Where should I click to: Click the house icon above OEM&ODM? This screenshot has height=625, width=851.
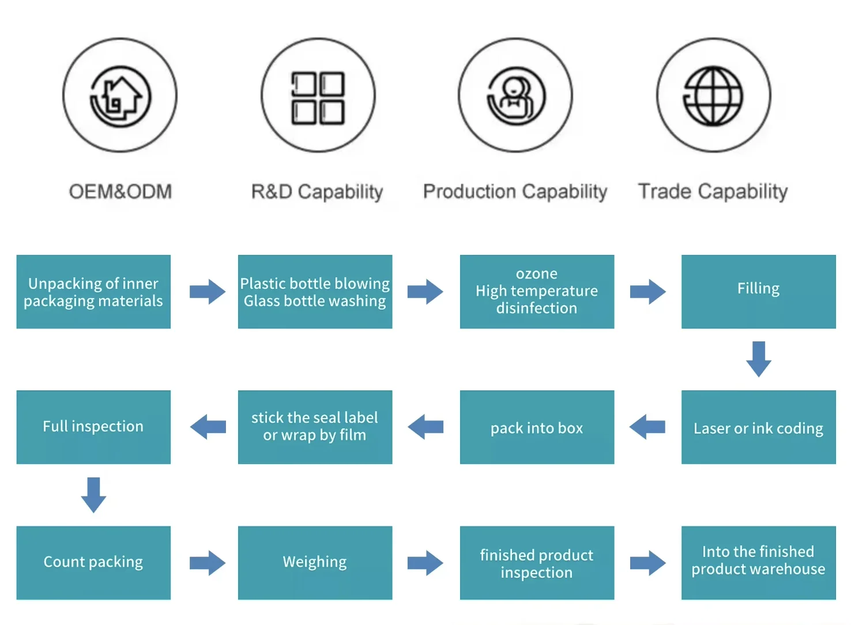point(120,96)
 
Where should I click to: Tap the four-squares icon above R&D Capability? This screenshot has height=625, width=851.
point(318,98)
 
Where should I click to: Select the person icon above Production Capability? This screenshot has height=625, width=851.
point(515,96)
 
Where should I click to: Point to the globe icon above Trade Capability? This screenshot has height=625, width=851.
point(713,96)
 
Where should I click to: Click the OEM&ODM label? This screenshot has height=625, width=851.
point(121,191)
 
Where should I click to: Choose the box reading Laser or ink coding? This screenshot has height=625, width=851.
point(758,427)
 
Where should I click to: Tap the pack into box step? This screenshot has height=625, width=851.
point(537,427)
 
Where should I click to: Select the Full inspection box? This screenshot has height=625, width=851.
point(93,427)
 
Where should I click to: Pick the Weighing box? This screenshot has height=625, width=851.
point(315,562)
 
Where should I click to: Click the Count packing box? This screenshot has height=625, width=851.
point(93,562)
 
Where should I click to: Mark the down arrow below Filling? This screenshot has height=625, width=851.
point(759,359)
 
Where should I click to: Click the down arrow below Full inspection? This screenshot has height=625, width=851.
point(93,495)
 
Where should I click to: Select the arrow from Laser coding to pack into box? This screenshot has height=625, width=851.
point(647,427)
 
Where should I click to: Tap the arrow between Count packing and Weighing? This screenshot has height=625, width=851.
point(208,563)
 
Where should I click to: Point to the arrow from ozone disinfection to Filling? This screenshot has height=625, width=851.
point(648,292)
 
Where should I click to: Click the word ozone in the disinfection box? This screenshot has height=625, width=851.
point(537,273)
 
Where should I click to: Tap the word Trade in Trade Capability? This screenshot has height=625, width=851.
point(665,191)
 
